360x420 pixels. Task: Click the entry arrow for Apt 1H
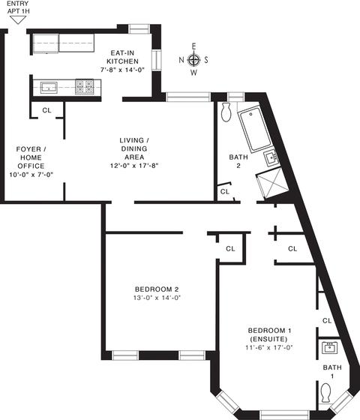pyautogui.click(x=18, y=19)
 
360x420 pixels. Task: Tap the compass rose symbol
pyautogui.click(x=193, y=60)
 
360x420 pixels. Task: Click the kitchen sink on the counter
pyautogui.click(x=49, y=88)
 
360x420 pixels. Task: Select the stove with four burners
pyautogui.click(x=84, y=87)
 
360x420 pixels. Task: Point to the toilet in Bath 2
pyautogui.click(x=226, y=112)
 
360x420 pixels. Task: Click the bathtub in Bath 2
pyautogui.click(x=255, y=129)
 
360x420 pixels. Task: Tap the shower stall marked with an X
pyautogui.click(x=272, y=183)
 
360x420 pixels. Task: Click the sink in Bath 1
pyautogui.click(x=329, y=348)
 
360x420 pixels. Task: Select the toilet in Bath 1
pyautogui.click(x=326, y=393)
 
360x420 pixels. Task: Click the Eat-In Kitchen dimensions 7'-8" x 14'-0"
pyautogui.click(x=122, y=70)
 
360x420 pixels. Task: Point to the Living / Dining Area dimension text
pyautogui.click(x=134, y=166)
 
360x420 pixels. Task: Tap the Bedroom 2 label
pyautogui.click(x=157, y=289)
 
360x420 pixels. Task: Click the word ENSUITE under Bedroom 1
pyautogui.click(x=268, y=339)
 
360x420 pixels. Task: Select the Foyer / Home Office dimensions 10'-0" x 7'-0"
pyautogui.click(x=31, y=175)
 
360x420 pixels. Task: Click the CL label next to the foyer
pyautogui.click(x=46, y=110)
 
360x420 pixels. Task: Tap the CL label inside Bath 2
pyautogui.click(x=225, y=191)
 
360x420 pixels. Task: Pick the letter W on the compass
pyautogui.click(x=194, y=72)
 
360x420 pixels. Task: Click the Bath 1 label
pyautogui.click(x=332, y=372)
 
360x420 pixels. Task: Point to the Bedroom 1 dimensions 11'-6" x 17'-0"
pyautogui.click(x=269, y=347)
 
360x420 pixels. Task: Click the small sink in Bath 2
pyautogui.click(x=271, y=158)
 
